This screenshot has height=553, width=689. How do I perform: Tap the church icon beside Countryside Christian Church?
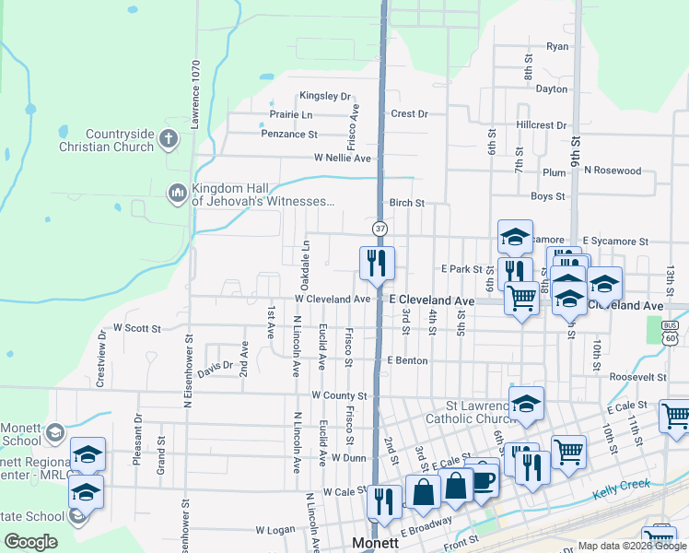pos(168,139)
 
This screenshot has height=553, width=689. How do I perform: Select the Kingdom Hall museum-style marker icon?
pos(177,194)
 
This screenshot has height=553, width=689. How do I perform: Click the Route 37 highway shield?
pos(380,228)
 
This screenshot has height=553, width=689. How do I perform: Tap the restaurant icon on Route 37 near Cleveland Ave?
pos(377,263)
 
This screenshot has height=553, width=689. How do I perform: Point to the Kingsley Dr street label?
pos(325,96)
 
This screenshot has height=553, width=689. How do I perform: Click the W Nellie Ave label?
pos(342,159)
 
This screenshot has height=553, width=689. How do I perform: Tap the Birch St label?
pos(406,203)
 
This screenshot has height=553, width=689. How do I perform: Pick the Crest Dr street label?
pos(409,114)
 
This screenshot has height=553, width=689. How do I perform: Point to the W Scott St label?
pos(136,327)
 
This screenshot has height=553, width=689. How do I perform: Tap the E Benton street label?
pos(407,360)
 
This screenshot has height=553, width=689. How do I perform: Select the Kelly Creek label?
pos(621,488)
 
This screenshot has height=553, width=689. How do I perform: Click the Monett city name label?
pos(376,544)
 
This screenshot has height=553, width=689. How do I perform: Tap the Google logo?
pos(30,542)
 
